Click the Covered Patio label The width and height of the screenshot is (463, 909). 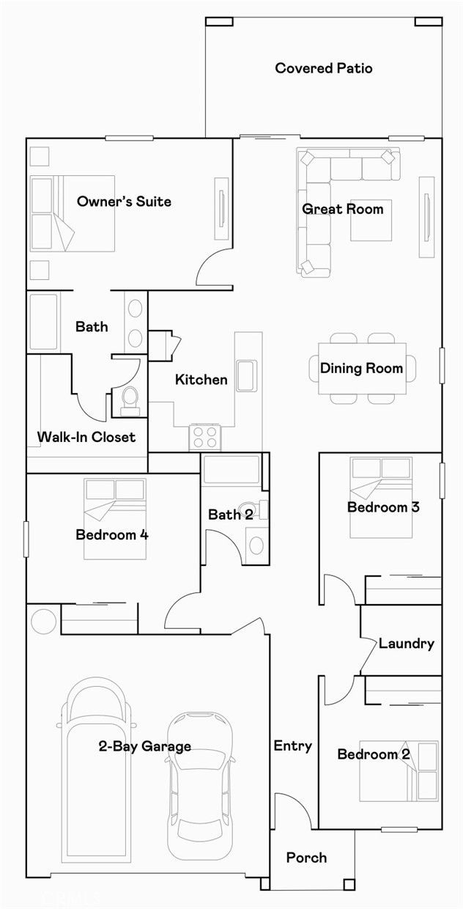coord(323,68)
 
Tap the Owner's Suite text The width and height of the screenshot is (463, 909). coord(124,201)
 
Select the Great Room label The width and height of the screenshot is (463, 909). coord(342,209)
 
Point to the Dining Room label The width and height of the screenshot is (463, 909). coord(361,368)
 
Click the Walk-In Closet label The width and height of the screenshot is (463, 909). coord(86,437)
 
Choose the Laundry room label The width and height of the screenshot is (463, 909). coord(406,644)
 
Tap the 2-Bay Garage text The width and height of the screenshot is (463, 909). coord(145,746)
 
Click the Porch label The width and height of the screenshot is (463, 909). coord(306,857)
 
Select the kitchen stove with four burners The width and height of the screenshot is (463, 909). coord(205,438)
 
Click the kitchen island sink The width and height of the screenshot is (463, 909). coord(245,375)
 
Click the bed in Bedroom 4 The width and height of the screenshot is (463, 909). coord(115,518)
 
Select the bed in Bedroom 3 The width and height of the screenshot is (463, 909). coord(380,496)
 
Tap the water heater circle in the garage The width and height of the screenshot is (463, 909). coord(43,621)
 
